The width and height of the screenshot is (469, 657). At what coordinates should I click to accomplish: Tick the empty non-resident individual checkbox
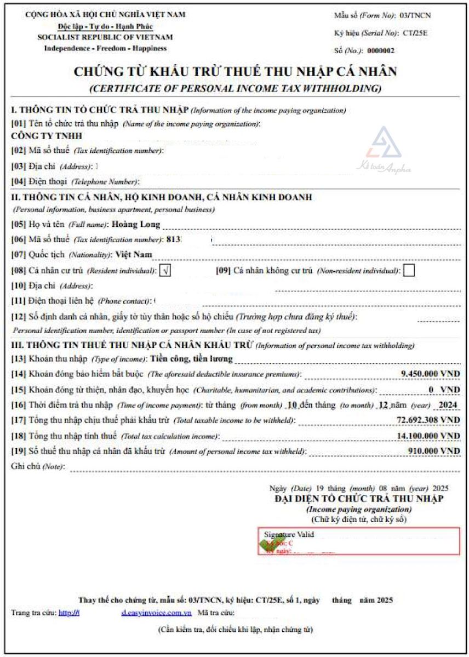click(x=408, y=270)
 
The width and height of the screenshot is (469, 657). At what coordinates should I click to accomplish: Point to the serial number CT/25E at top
click(x=415, y=33)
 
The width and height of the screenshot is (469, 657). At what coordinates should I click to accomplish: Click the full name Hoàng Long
click(x=135, y=224)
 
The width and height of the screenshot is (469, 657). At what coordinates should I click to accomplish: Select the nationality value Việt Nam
click(x=134, y=254)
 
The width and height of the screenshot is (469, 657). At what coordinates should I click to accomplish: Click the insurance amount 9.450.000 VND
click(x=430, y=374)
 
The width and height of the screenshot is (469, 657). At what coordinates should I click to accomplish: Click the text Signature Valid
click(x=289, y=534)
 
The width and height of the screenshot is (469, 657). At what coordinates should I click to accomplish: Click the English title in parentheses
click(x=235, y=88)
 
